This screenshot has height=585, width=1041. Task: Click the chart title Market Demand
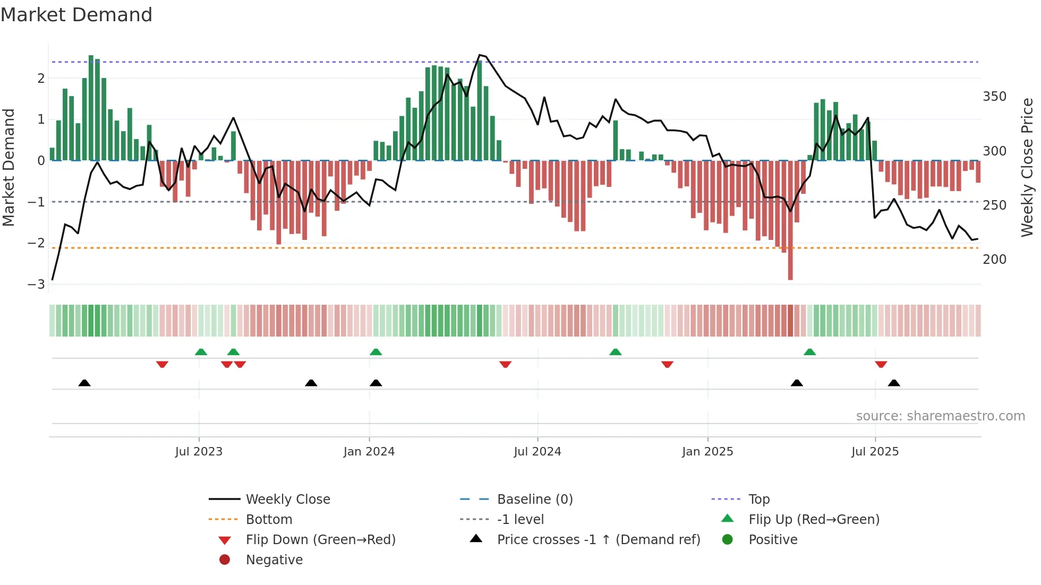(x=76, y=15)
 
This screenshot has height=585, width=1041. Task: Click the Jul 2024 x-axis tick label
(x=537, y=452)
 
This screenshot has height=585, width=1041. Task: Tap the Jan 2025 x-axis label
(x=707, y=452)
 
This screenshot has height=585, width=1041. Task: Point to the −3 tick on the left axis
(x=37, y=285)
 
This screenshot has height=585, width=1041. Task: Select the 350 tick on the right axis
(x=994, y=97)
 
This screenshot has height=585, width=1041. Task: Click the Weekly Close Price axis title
(x=1027, y=167)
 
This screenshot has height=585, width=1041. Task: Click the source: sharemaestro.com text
(x=940, y=416)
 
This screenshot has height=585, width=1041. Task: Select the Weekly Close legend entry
(x=287, y=500)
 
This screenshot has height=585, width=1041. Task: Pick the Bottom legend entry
(x=269, y=520)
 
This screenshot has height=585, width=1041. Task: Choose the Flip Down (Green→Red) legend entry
(x=320, y=540)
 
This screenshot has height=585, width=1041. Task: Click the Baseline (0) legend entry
(x=534, y=500)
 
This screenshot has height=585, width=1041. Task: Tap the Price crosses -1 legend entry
(x=598, y=540)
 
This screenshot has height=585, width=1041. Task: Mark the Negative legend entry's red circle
(x=225, y=560)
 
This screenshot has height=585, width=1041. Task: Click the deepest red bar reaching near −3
(x=790, y=265)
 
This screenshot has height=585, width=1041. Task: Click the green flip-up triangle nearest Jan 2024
(x=376, y=352)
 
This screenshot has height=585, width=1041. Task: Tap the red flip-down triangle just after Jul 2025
(x=881, y=365)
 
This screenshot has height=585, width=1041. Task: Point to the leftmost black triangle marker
(x=84, y=383)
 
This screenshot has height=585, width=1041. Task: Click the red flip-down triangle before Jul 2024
(x=505, y=365)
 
